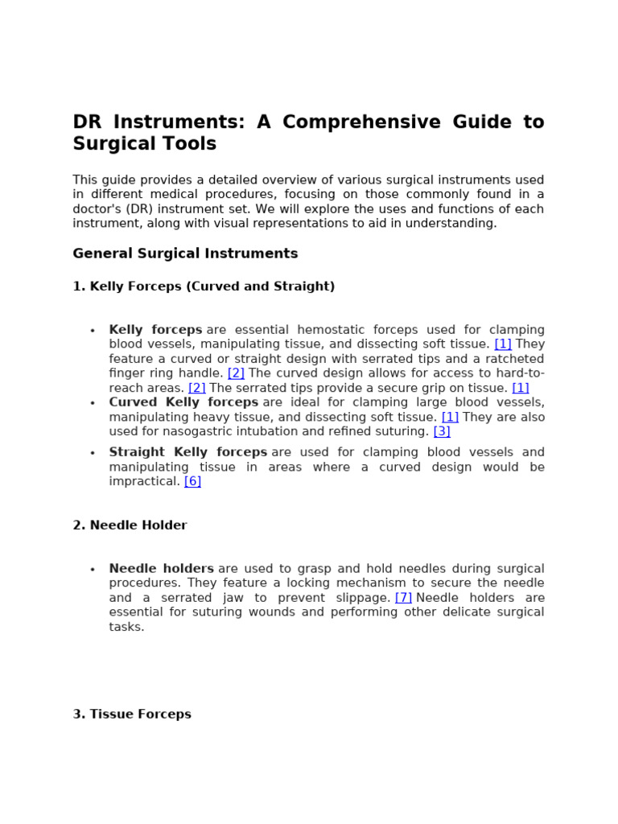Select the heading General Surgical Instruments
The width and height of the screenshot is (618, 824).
tap(185, 253)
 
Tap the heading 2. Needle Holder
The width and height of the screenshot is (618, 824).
tap(130, 525)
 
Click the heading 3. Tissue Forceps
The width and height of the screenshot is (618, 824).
tap(132, 714)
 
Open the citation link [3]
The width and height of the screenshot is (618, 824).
tap(442, 431)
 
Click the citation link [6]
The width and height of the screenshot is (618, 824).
tap(192, 481)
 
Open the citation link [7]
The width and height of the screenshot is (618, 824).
tap(403, 598)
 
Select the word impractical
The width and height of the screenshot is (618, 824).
tap(144, 481)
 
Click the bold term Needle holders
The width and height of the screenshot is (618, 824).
tap(162, 569)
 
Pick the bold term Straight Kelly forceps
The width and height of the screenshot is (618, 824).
tap(188, 452)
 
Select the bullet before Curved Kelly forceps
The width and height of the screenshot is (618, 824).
tap(93, 403)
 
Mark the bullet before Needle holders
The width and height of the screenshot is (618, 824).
tap(93, 570)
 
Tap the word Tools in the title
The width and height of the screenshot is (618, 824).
tap(192, 144)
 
